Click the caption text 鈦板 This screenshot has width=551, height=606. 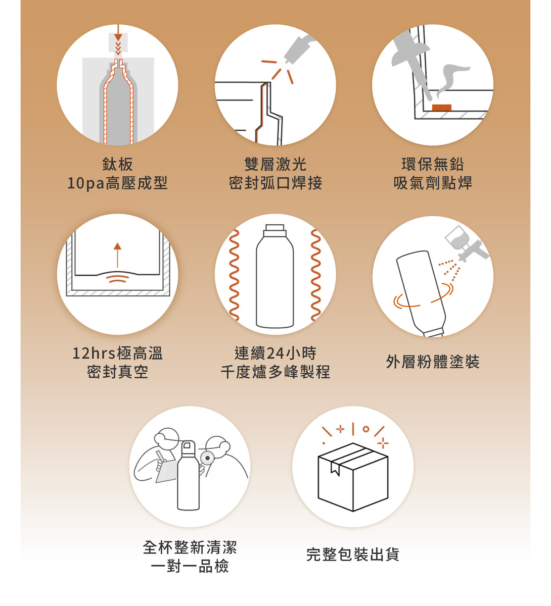[117, 164]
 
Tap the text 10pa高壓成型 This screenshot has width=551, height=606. [117, 183]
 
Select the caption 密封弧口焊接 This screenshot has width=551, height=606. [275, 183]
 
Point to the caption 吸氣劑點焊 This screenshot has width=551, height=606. [433, 183]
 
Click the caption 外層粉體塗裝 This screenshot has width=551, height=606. [433, 362]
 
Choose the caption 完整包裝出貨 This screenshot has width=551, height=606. [353, 554]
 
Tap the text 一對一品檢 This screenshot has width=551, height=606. [190, 566]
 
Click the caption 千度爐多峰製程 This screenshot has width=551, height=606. [275, 372]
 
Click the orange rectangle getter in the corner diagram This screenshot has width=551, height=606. [441, 108]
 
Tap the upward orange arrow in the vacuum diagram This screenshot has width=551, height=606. [117, 255]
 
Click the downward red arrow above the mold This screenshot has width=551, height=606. [118, 33]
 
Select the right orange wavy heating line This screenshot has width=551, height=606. [316, 275]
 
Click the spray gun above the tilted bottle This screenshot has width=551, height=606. [466, 243]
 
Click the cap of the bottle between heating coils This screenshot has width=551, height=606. [274, 230]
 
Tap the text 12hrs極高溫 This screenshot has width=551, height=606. [117, 353]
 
